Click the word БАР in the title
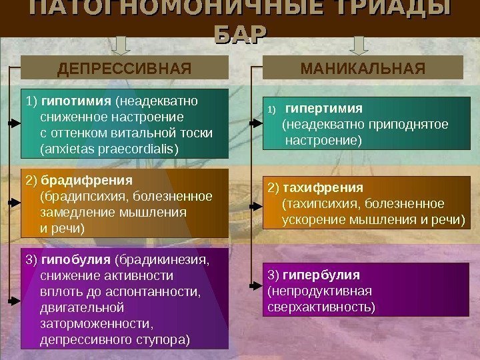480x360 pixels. [239, 34]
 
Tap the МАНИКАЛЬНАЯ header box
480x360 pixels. [363, 68]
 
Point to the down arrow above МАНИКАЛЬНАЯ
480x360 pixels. [360, 45]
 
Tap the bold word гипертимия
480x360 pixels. [323, 108]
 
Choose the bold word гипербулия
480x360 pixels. [321, 274]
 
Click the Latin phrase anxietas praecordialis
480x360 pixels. [110, 148]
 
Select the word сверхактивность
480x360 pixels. [321, 307]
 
